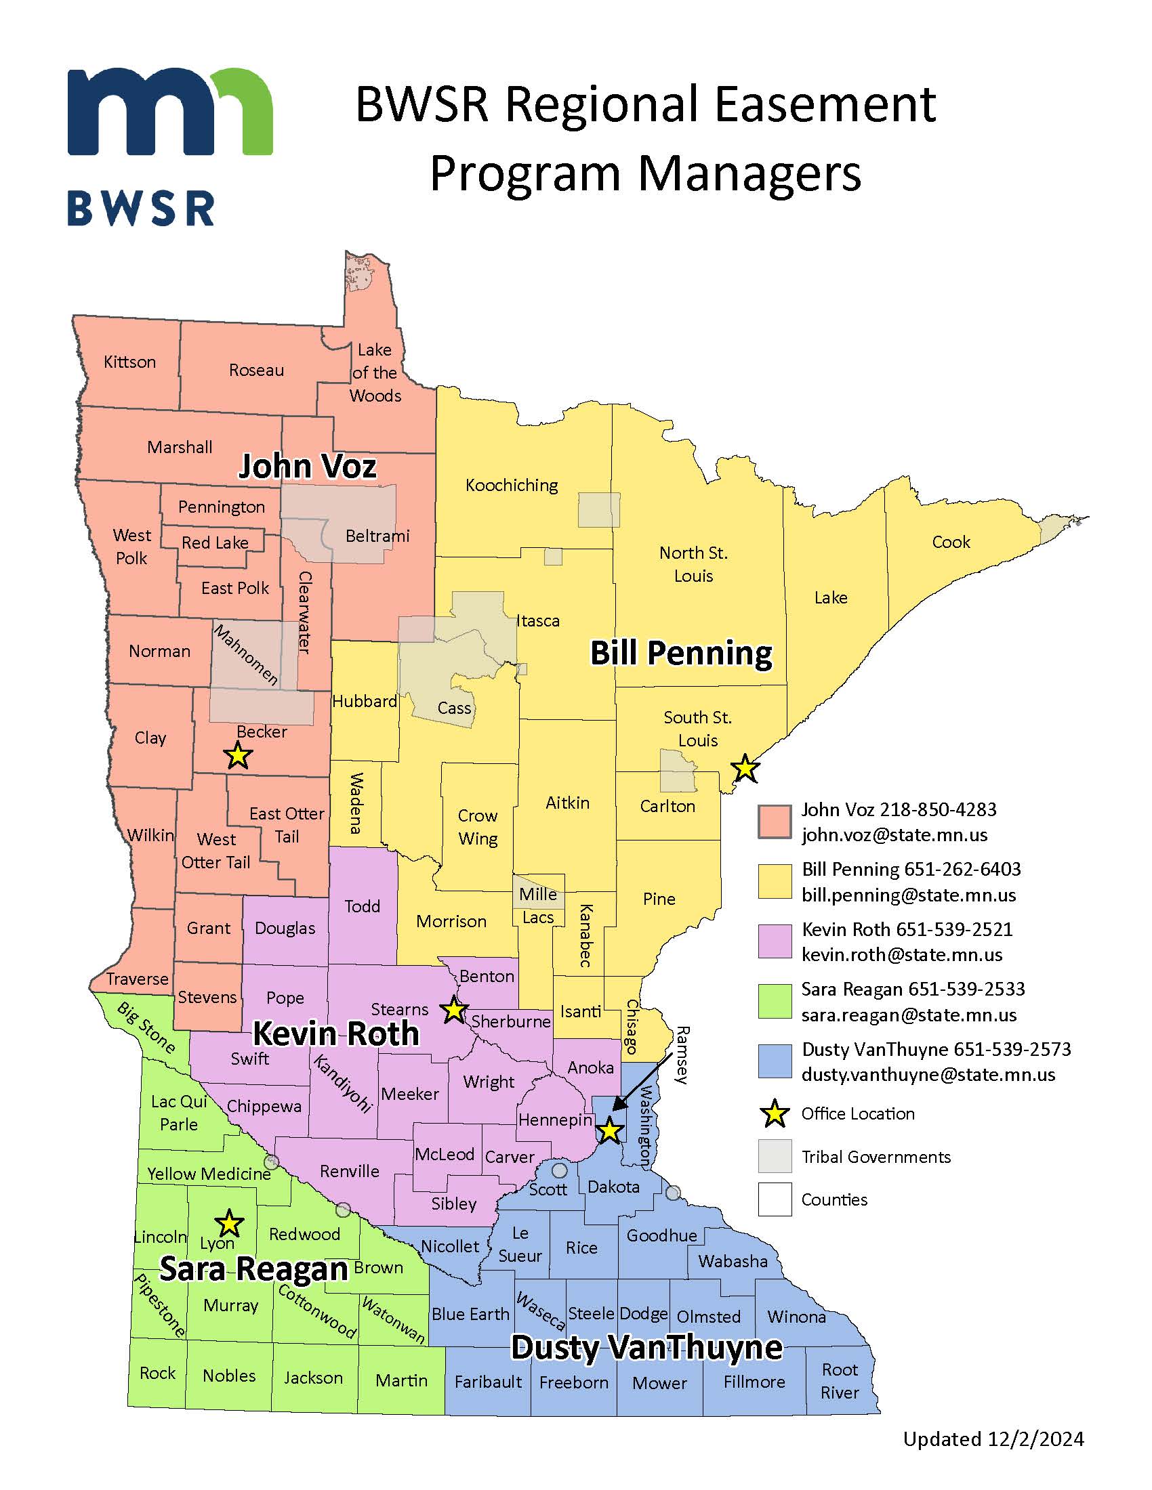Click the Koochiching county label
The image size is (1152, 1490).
pyautogui.click(x=511, y=485)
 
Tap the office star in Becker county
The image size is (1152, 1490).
pyautogui.click(x=237, y=756)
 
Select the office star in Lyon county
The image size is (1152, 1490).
pyautogui.click(x=229, y=1224)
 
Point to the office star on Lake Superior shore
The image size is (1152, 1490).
pyautogui.click(x=745, y=769)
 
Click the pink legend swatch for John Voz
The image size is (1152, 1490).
pyautogui.click(x=775, y=822)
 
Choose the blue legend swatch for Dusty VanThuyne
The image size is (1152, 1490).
pyautogui.click(x=775, y=1061)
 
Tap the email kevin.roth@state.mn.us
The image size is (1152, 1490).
pyautogui.click(x=901, y=954)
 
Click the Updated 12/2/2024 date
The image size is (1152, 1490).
pyautogui.click(x=993, y=1439)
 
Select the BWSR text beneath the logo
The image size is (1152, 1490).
pyautogui.click(x=141, y=209)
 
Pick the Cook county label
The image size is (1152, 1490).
pyautogui.click(x=951, y=542)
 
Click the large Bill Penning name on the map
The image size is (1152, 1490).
pyautogui.click(x=680, y=653)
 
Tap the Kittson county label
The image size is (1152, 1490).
pyautogui.click(x=129, y=362)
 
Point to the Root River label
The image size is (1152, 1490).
pyautogui.click(x=840, y=1381)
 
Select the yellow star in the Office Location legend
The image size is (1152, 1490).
pyautogui.click(x=775, y=1114)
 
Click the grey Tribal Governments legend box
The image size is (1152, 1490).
pyautogui.click(x=775, y=1156)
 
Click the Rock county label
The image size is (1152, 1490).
pyautogui.click(x=158, y=1373)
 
